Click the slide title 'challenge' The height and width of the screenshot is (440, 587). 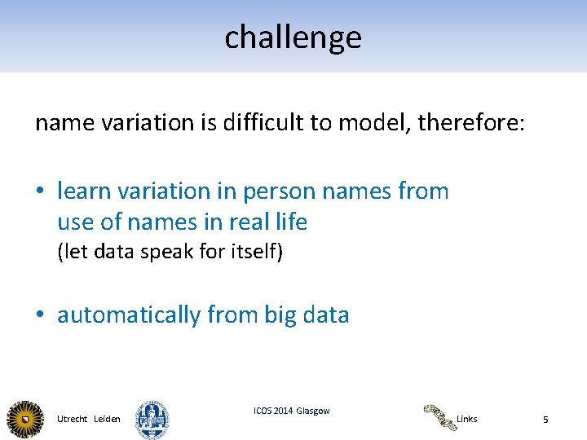[293, 37]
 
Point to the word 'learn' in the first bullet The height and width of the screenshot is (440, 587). [85, 191]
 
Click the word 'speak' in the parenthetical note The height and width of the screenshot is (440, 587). [169, 252]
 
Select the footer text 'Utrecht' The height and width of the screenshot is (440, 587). [73, 419]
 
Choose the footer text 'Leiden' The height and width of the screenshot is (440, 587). [108, 419]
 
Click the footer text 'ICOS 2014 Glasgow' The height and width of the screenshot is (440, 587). [292, 411]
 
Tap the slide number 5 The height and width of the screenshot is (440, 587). [545, 420]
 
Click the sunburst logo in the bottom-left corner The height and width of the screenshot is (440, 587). [26, 419]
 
